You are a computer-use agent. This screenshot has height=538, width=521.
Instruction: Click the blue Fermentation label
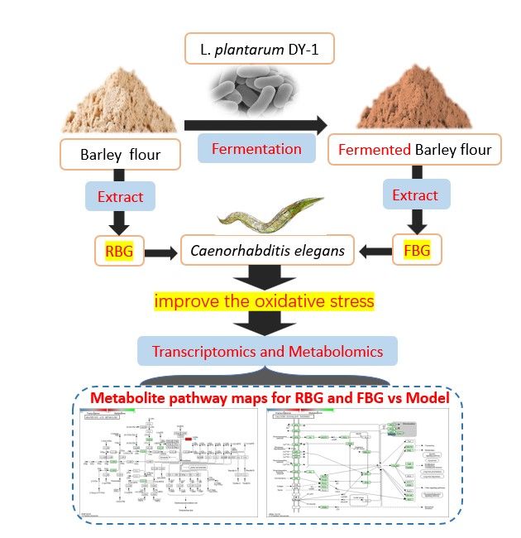pyautogui.click(x=256, y=149)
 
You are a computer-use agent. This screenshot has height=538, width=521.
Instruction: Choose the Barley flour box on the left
pyautogui.click(x=121, y=154)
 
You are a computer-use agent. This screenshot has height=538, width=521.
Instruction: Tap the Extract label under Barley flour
pyautogui.click(x=121, y=197)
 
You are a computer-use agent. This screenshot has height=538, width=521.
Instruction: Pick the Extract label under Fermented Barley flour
pyautogui.click(x=415, y=195)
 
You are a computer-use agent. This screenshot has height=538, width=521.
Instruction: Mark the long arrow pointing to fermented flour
pyautogui.click(x=252, y=124)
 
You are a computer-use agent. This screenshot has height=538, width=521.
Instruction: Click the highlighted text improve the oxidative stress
pyautogui.click(x=261, y=300)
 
